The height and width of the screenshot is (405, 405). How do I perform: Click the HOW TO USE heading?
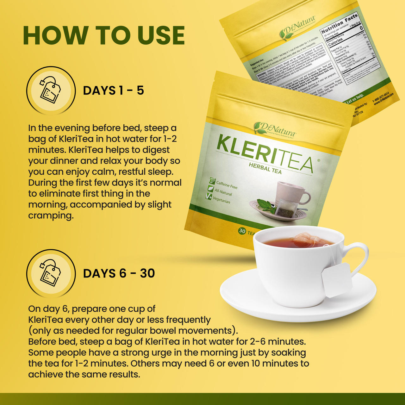point(104,35)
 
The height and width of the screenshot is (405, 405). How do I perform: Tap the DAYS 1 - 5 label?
point(113,90)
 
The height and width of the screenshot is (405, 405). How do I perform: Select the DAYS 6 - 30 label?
point(119,273)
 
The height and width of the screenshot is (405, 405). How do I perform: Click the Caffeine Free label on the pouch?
point(227,185)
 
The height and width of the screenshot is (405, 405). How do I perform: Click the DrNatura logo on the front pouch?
point(275,129)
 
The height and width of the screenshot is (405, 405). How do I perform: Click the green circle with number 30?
point(242,231)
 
